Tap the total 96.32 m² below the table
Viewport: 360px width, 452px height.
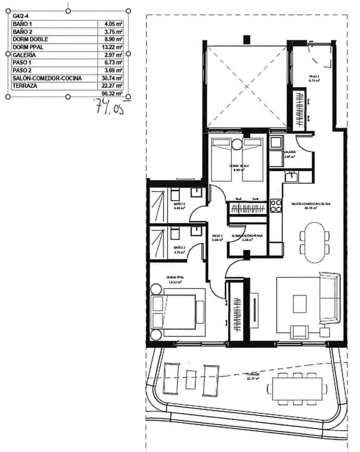112,93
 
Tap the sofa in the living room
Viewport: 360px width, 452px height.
329,299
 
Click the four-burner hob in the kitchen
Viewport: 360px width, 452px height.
276,206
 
